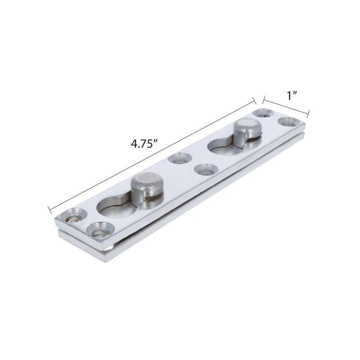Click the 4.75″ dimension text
click(x=144, y=144)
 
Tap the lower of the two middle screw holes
click(x=205, y=170)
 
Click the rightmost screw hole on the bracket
click(x=289, y=121)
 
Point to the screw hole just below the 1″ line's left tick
click(x=263, y=113)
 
